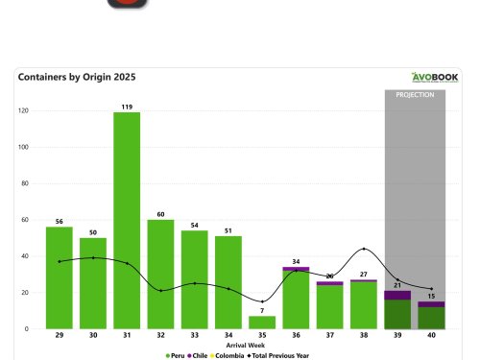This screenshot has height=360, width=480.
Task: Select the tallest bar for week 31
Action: tap(127, 221)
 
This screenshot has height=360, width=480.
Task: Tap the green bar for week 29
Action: tap(60, 278)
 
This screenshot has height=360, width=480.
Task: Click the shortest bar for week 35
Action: tap(262, 323)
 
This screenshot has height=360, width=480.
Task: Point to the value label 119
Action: tap(127, 107)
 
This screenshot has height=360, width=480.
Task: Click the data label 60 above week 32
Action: tap(160, 214)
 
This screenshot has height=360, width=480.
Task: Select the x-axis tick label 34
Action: tap(228, 336)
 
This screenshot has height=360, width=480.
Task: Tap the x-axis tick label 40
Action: tap(431, 336)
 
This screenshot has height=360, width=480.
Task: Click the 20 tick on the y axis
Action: tap(25, 293)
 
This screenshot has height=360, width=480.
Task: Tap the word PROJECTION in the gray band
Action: tap(414, 95)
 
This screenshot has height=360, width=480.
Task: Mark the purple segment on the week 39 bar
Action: tap(397, 296)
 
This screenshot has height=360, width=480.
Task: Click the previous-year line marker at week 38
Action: tap(363, 250)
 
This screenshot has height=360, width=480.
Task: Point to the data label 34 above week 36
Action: tap(296, 261)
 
